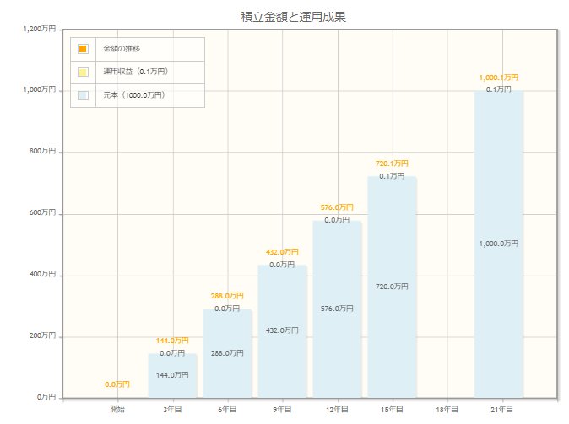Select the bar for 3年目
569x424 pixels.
(x=172, y=375)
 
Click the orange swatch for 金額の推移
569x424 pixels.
(x=83, y=48)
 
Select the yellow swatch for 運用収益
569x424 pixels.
(x=83, y=72)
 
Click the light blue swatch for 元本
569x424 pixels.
(x=83, y=95)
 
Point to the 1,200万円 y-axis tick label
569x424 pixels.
(x=40, y=29)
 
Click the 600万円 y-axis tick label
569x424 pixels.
(x=42, y=213)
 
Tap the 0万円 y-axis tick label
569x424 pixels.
(x=46, y=397)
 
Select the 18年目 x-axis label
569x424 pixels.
(x=447, y=410)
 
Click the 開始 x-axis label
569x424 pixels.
(x=117, y=410)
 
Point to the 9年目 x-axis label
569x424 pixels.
(x=282, y=410)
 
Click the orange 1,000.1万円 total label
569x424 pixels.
(x=498, y=78)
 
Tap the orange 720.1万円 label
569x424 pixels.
(x=392, y=164)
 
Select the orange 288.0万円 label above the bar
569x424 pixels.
(x=227, y=296)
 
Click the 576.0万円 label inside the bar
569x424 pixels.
(x=337, y=309)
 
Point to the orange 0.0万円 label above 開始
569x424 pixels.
(x=117, y=384)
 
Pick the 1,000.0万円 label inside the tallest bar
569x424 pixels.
(x=498, y=244)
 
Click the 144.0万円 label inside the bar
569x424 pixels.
(x=172, y=375)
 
